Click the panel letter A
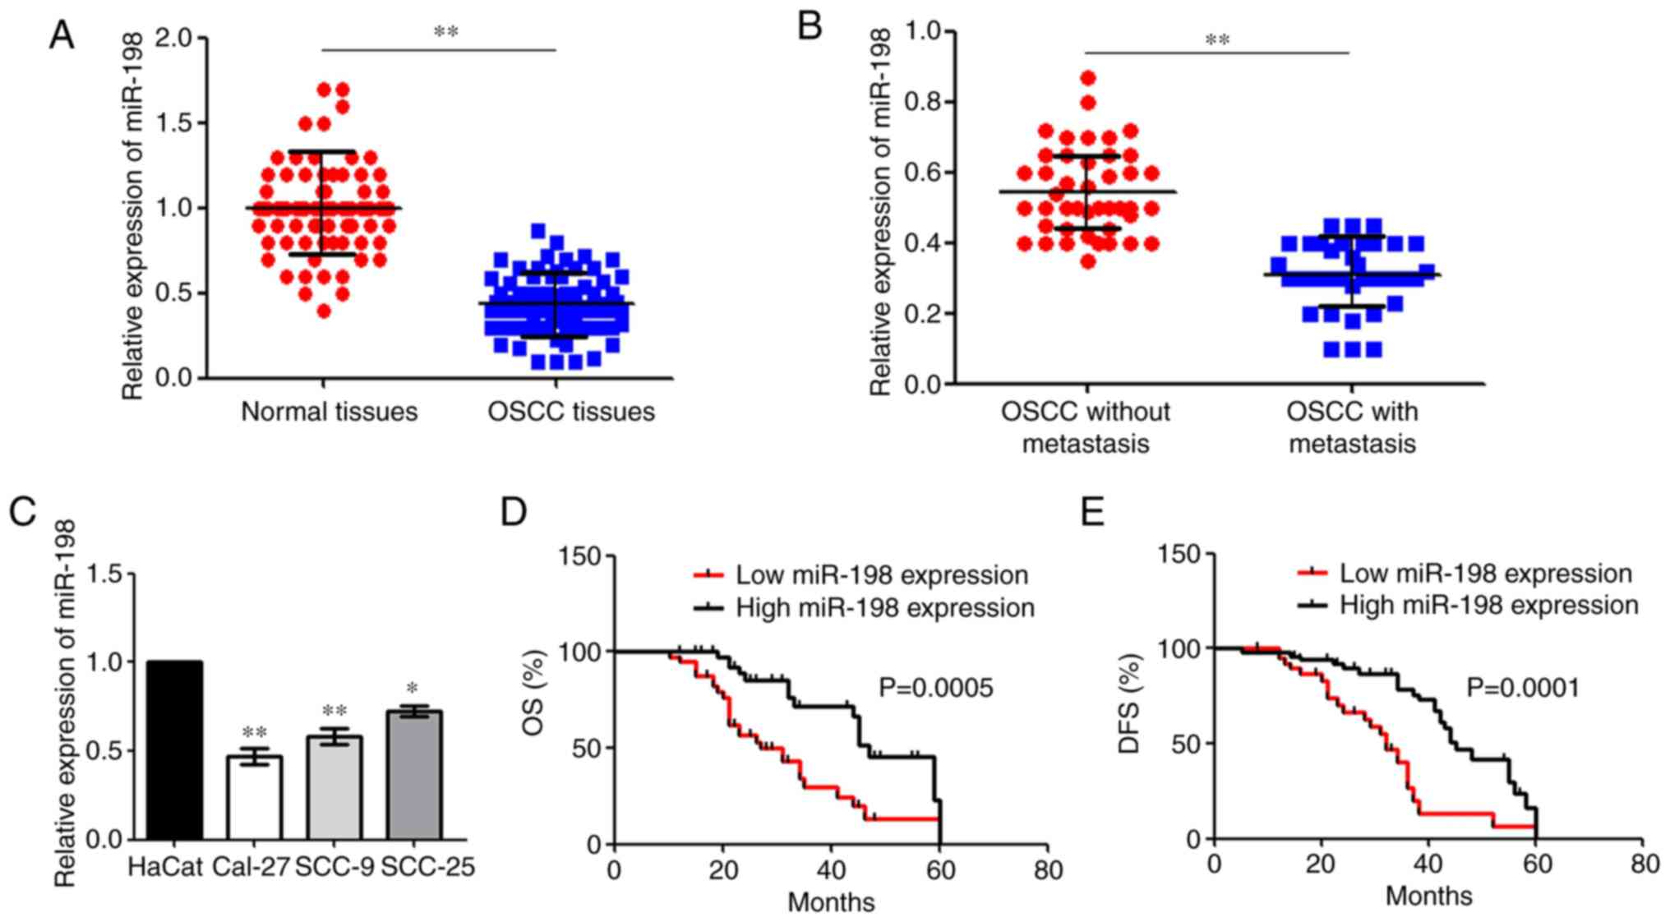(x=62, y=35)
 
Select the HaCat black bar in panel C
(x=174, y=749)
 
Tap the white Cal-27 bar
(x=254, y=797)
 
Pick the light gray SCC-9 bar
(x=334, y=786)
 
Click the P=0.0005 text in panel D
(x=935, y=687)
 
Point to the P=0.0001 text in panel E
(x=1523, y=687)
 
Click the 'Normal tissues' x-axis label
(x=329, y=411)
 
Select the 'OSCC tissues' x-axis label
(x=571, y=411)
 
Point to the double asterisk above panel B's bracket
(x=1217, y=39)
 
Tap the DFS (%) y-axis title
(x=1132, y=703)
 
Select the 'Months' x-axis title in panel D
(x=831, y=902)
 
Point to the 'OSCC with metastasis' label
(x=1352, y=427)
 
